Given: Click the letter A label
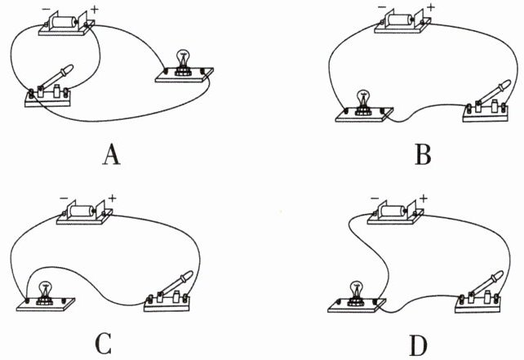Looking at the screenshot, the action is coord(112,155).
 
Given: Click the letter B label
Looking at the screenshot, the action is coord(423,155).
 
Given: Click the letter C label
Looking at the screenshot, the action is coord(104,344).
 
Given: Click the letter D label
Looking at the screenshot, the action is coord(419,345).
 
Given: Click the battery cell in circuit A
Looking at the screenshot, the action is coord(64,22).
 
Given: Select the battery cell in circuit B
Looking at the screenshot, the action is coord(398,20).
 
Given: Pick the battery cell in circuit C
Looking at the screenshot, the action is coord(82,211).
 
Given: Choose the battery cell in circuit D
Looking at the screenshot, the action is coord(393,211).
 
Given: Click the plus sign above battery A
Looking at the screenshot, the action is coord(95,9).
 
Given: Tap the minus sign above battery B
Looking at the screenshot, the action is coord(382,7).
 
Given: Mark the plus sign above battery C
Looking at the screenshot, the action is coord(112,198).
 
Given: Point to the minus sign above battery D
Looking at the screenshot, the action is coord(375,198).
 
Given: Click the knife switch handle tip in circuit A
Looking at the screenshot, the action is coord(70,67).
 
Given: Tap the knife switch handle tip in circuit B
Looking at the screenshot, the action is coord(508,82).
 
